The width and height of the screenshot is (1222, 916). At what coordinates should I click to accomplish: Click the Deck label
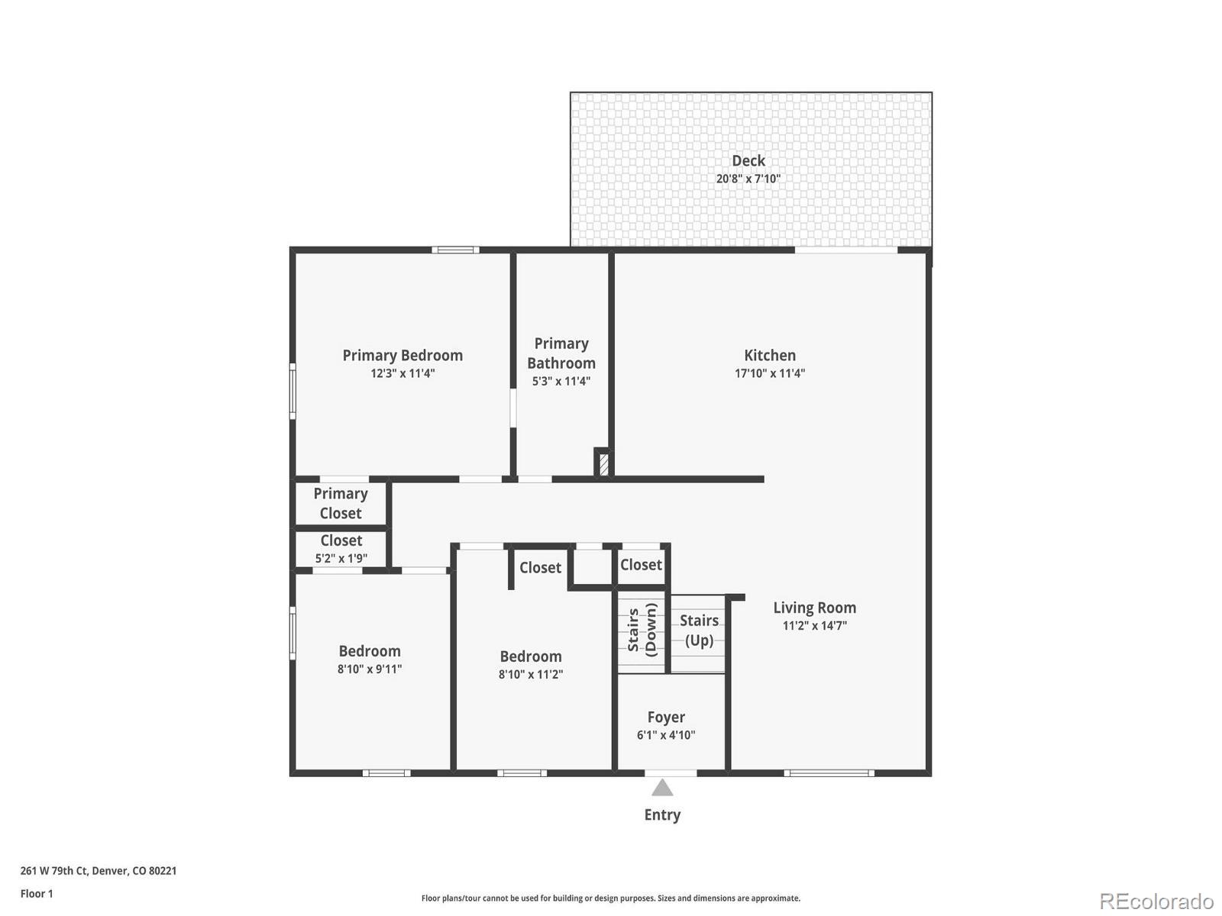(748, 160)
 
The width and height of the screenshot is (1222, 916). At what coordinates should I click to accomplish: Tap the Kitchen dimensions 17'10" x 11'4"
(769, 373)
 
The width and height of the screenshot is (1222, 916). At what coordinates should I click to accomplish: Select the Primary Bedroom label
(402, 355)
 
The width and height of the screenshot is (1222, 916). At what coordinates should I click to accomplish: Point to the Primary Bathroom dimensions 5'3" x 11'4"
(561, 381)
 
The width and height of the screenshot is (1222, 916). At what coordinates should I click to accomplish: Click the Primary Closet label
(340, 503)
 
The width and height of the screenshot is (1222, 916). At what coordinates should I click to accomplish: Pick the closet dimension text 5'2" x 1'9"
(341, 558)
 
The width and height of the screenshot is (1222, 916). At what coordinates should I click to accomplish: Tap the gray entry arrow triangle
(662, 788)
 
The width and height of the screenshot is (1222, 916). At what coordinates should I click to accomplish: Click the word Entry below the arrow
(662, 814)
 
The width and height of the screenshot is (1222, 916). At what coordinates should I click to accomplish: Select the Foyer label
(666, 717)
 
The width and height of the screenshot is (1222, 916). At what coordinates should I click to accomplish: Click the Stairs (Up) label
(699, 630)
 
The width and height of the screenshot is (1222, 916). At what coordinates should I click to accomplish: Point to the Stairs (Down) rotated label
(642, 630)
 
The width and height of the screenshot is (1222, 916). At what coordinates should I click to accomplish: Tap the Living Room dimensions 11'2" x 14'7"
(814, 625)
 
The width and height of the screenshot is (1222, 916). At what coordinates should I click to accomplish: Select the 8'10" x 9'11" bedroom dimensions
(370, 669)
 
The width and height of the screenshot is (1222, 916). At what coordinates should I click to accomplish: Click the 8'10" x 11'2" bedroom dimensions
(530, 674)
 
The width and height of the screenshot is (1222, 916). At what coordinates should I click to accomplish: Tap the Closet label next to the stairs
(640, 564)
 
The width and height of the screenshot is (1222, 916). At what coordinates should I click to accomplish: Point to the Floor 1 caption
(37, 893)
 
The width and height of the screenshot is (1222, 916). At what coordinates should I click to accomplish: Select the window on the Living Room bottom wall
(829, 773)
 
